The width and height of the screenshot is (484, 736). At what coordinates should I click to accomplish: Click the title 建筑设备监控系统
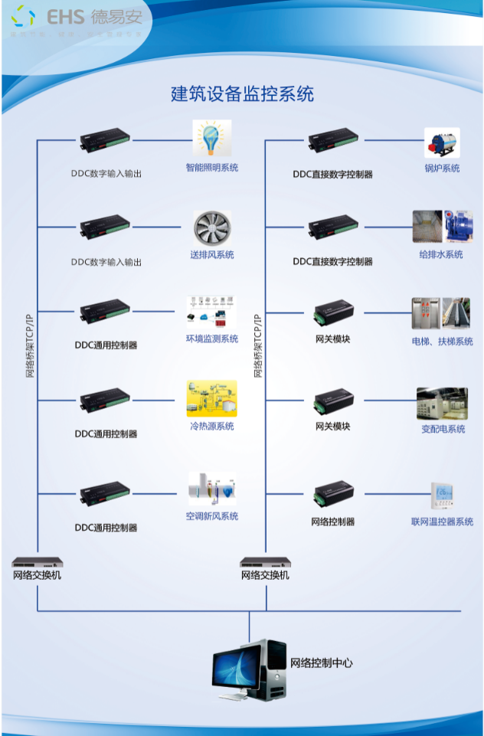click(x=242, y=94)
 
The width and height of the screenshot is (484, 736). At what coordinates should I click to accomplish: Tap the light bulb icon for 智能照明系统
click(x=211, y=139)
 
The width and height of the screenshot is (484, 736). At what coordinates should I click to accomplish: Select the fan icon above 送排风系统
click(x=211, y=227)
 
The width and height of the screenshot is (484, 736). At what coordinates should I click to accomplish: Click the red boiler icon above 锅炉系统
click(x=442, y=142)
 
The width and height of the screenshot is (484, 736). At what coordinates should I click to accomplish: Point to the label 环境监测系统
click(x=212, y=339)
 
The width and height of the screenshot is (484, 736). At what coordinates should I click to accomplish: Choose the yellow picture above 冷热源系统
click(x=211, y=399)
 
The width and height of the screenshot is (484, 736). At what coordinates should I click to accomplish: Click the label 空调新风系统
click(x=212, y=516)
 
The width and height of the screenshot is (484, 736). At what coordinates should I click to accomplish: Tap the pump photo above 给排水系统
click(x=443, y=227)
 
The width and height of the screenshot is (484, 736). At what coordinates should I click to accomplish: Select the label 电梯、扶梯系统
click(x=442, y=342)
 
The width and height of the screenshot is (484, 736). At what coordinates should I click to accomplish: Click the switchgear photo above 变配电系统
click(x=442, y=404)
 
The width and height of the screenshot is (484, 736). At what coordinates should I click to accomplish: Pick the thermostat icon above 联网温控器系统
click(x=442, y=496)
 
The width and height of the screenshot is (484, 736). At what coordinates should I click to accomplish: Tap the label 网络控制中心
click(x=321, y=663)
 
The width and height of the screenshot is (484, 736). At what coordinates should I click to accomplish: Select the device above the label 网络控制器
click(x=333, y=495)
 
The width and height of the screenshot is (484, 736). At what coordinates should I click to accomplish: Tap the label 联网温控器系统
click(x=442, y=522)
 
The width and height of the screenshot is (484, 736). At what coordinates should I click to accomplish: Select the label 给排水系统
click(x=442, y=254)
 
